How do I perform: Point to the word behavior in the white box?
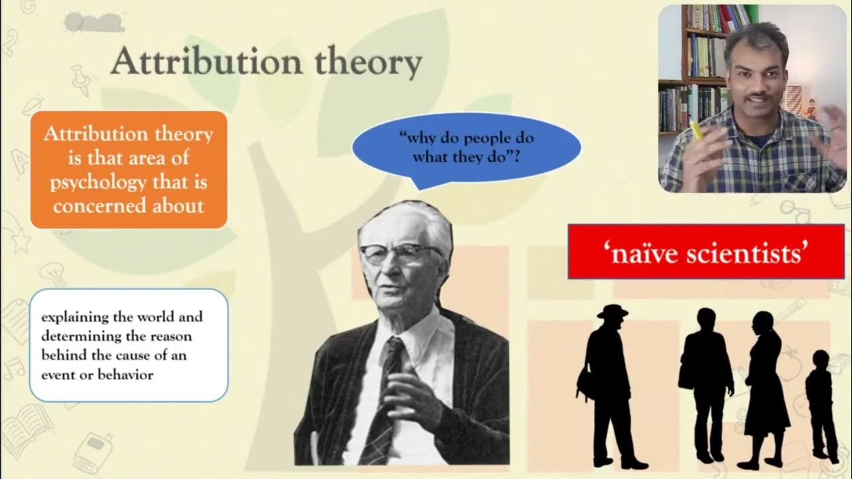(126, 375)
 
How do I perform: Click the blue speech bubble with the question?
(466, 148)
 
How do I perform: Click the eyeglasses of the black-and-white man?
(399, 253)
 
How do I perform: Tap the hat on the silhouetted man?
(612, 311)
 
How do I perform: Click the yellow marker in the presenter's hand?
(696, 130)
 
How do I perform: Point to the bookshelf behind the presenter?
(692, 67)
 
